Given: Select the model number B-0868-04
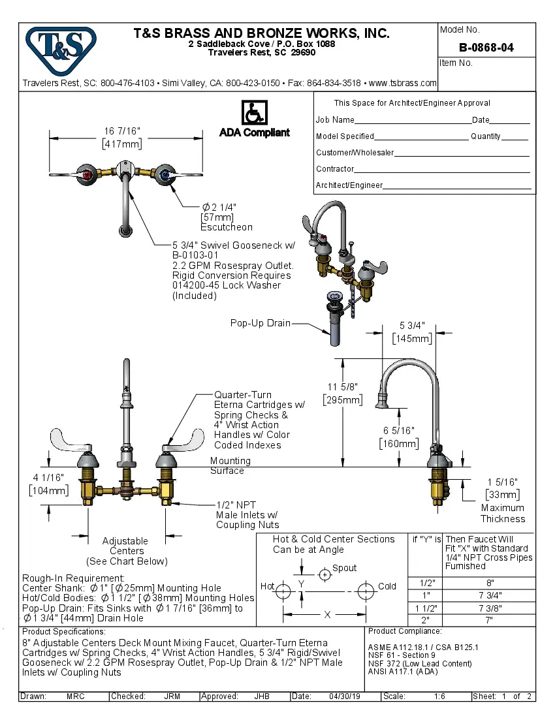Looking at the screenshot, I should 486,48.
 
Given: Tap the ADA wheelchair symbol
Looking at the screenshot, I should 254,112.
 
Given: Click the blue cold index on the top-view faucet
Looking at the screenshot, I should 164,174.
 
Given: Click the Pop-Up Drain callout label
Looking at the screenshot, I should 260,323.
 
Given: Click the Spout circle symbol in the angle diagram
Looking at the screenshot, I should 325,574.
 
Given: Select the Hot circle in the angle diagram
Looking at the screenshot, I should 283,591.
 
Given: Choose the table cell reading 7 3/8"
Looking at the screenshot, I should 490,608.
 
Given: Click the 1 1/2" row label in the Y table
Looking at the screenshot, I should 425,608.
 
